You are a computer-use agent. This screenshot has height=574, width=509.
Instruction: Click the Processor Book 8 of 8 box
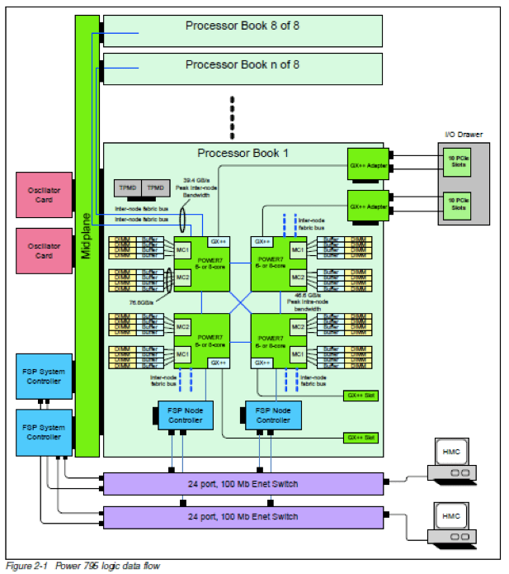(x=242, y=30)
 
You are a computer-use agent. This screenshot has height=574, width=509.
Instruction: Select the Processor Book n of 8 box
(x=242, y=67)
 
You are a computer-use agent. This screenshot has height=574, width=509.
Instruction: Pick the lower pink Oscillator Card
(x=45, y=249)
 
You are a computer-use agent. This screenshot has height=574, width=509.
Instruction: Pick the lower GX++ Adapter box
(x=368, y=203)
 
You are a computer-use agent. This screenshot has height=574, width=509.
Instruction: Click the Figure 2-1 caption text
(x=82, y=566)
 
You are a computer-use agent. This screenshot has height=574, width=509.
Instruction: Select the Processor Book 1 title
(x=243, y=153)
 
